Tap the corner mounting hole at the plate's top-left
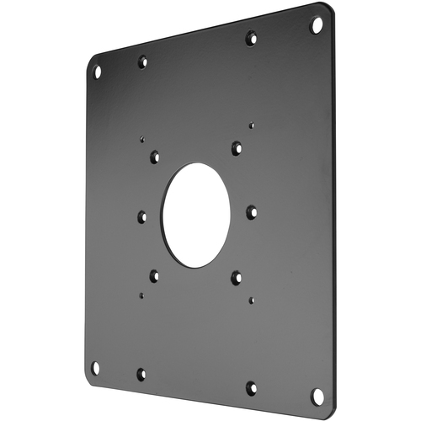[97, 72]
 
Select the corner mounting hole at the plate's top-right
[317, 25]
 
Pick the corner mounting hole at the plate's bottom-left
[95, 366]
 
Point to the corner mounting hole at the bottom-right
[317, 394]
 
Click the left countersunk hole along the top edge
[142, 61]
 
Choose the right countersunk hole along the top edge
[251, 38]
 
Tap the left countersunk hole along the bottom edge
[141, 373]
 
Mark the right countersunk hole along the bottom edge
[251, 387]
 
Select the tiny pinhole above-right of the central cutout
[251, 125]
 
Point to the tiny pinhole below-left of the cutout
[141, 296]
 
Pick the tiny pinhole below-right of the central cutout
[251, 299]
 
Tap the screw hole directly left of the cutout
[141, 216]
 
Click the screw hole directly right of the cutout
[251, 211]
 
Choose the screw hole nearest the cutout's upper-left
[155, 157]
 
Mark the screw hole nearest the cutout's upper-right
[237, 148]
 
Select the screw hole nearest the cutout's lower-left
[155, 274]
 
